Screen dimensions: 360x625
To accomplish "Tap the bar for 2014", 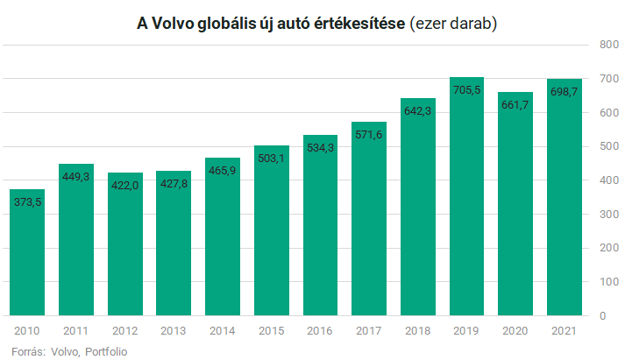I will [x=223, y=236].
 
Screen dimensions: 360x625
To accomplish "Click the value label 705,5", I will [x=466, y=89].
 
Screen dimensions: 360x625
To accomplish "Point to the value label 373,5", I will [x=27, y=201].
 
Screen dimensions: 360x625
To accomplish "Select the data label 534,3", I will [x=320, y=147].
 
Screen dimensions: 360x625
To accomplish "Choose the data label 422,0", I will [x=124, y=185].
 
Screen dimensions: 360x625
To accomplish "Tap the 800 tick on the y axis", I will [x=607, y=44].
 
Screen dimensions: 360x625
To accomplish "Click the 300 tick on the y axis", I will [x=607, y=214].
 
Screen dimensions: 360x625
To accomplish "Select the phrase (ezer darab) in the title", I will [x=454, y=24].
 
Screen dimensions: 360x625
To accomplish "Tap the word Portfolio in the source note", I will [x=106, y=351].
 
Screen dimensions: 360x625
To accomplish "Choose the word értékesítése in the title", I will [x=361, y=24].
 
